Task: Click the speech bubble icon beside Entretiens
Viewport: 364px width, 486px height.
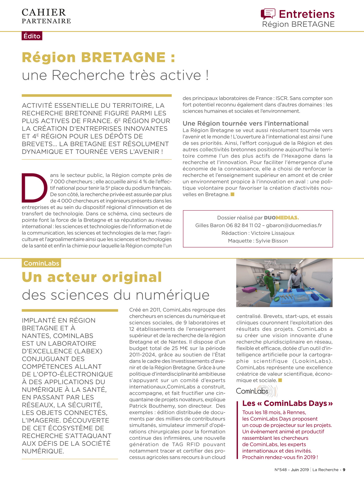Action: pyautogui.click(x=268, y=14)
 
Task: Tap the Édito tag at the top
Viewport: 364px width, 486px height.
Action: pyautogui.click(x=32, y=36)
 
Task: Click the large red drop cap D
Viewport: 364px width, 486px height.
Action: pyautogui.click(x=34, y=188)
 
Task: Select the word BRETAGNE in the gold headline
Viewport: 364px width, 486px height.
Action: pyautogui.click(x=123, y=57)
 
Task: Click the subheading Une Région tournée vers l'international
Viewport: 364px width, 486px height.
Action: pyautogui.click(x=245, y=123)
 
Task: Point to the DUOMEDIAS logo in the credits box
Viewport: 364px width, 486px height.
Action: pyautogui.click(x=281, y=218)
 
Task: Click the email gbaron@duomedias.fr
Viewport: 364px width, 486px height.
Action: pyautogui.click(x=294, y=225)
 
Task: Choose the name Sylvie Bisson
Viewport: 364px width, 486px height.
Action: pyautogui.click(x=272, y=241)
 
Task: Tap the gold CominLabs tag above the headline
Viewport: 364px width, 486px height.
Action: pyautogui.click(x=41, y=263)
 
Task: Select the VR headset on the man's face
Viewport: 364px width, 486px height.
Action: pyautogui.click(x=294, y=271)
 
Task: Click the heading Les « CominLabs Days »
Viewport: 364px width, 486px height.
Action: pyautogui.click(x=287, y=403)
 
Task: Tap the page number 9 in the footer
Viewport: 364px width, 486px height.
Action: pyautogui.click(x=344, y=470)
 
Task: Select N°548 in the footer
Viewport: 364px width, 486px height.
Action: pyautogui.click(x=280, y=470)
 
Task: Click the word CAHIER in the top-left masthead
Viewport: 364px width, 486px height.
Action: pyautogui.click(x=44, y=12)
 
